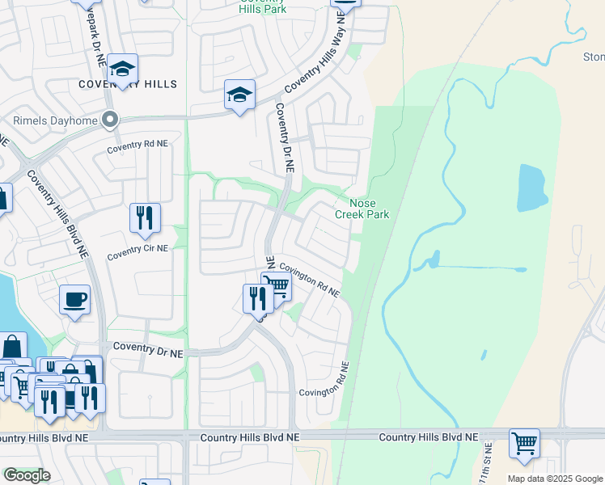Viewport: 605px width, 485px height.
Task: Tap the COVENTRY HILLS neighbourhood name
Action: point(128,84)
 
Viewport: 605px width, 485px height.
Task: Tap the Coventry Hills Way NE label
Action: point(321,61)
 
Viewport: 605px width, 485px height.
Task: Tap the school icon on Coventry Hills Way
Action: point(239,95)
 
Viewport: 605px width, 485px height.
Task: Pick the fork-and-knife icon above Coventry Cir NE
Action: point(145,217)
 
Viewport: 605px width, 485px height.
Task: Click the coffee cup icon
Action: point(74,300)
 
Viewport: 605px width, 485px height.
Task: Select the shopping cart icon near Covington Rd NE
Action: point(277,285)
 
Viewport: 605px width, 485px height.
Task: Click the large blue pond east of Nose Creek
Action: point(531,188)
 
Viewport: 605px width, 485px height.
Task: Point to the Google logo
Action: point(27,475)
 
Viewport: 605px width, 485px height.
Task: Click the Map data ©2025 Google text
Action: point(554,478)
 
